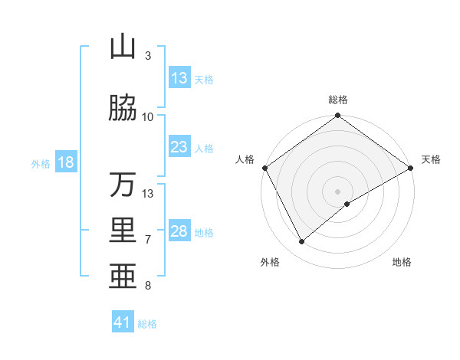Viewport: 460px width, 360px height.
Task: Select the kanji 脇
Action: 123,109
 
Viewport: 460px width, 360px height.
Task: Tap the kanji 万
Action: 123,185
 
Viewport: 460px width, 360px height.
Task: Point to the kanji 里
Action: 123,231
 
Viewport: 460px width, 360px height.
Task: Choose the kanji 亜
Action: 123,274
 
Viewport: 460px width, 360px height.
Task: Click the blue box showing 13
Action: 179,79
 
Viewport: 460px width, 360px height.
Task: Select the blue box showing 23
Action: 179,148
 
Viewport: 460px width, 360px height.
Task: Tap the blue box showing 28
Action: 179,232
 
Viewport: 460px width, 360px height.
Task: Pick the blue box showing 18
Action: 65,163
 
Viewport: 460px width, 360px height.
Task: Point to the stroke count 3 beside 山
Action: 148,56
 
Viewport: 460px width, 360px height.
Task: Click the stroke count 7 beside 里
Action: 148,240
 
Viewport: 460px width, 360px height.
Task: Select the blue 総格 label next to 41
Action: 147,324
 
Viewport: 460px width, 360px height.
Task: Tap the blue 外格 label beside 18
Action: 41,164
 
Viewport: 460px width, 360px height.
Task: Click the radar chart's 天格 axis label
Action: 431,159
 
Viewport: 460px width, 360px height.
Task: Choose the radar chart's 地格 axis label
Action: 402,263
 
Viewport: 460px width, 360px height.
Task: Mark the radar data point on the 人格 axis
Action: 264,168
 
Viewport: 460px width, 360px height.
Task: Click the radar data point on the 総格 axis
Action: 337,116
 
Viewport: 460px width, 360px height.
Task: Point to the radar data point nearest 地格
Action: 347,204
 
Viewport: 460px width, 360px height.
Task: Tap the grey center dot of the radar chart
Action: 337,191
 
